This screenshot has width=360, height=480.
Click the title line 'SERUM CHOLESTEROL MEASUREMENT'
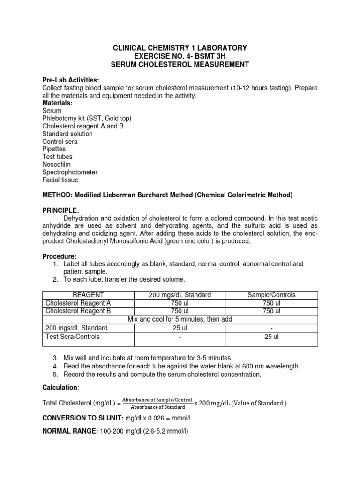[180, 64]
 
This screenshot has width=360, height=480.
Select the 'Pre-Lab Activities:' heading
[71, 80]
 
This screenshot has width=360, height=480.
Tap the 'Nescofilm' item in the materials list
[58, 165]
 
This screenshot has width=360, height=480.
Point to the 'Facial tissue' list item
[60, 180]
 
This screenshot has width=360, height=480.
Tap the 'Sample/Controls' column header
[271, 295]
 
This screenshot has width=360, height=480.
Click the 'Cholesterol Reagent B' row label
[78, 311]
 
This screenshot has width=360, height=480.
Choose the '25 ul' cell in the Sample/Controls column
[271, 336]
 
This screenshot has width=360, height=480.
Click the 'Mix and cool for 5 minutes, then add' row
[180, 319]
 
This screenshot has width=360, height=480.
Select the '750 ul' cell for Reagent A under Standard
[180, 303]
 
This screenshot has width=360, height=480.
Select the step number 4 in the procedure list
[55, 366]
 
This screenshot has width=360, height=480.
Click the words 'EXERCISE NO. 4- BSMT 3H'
[180, 56]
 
